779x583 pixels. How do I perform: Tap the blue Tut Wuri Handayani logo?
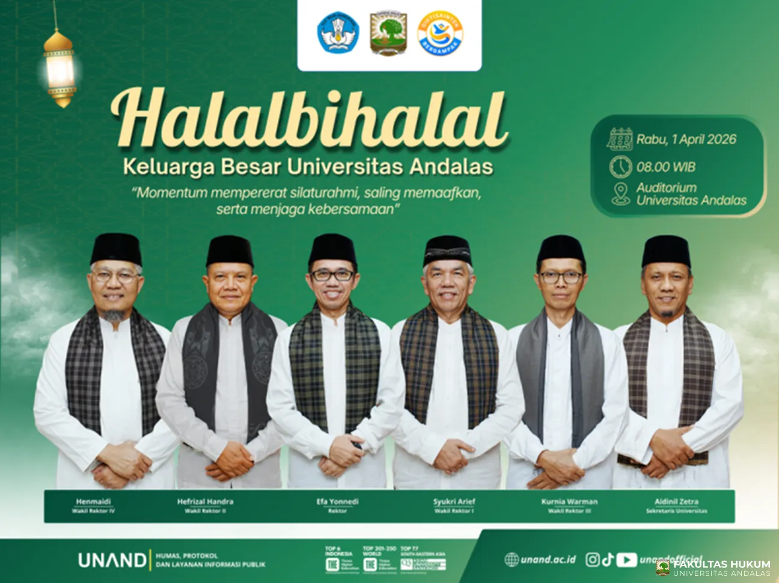(338, 34)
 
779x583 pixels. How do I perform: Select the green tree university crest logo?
(388, 34)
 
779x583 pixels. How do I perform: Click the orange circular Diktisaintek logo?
(439, 34)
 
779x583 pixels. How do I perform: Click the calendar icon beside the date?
(620, 139)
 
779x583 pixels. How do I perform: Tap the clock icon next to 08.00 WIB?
(620, 166)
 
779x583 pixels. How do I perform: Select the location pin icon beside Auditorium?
(620, 194)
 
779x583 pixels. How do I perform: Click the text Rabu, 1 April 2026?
(686, 139)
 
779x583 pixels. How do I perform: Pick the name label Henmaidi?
(93, 501)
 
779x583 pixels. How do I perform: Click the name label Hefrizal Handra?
(205, 501)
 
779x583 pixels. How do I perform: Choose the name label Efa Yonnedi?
(337, 501)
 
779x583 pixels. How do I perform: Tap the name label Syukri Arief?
(454, 501)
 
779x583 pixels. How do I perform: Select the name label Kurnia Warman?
(569, 501)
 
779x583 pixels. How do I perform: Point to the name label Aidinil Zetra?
(676, 501)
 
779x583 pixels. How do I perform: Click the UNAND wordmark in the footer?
(112, 560)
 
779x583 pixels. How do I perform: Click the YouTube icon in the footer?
(626, 560)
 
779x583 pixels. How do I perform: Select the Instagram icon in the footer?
(592, 560)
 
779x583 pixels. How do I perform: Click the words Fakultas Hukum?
(721, 564)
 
